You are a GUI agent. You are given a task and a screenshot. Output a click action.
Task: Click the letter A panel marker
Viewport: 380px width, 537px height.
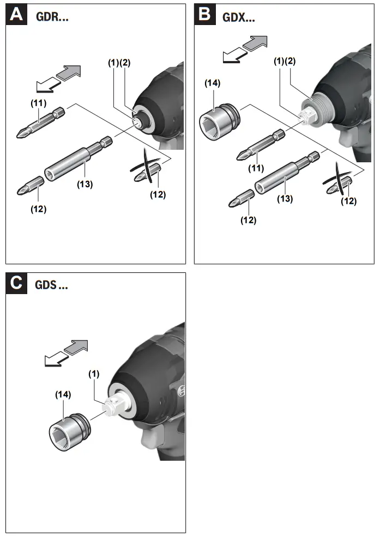tap(17, 14)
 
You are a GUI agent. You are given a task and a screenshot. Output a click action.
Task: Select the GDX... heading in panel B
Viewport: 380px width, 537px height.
tap(239, 16)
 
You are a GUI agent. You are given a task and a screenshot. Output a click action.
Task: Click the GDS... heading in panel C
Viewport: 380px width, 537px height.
tap(52, 285)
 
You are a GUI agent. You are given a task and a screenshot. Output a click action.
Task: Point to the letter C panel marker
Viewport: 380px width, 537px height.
tap(17, 283)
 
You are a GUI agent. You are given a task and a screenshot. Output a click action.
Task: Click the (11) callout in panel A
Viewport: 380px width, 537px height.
tap(38, 102)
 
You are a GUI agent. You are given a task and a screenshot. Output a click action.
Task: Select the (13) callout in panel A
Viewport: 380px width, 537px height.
tap(84, 184)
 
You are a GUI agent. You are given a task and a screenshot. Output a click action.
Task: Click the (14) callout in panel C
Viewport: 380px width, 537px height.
tap(63, 393)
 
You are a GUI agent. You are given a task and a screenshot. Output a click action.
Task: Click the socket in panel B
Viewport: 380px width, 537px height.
tap(219, 117)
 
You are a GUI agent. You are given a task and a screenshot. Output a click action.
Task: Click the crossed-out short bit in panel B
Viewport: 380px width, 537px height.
tap(339, 182)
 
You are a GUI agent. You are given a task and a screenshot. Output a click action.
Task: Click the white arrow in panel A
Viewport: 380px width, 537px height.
tap(46, 86)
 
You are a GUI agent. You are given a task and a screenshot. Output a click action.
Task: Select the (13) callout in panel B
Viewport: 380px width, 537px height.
tap(285, 198)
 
